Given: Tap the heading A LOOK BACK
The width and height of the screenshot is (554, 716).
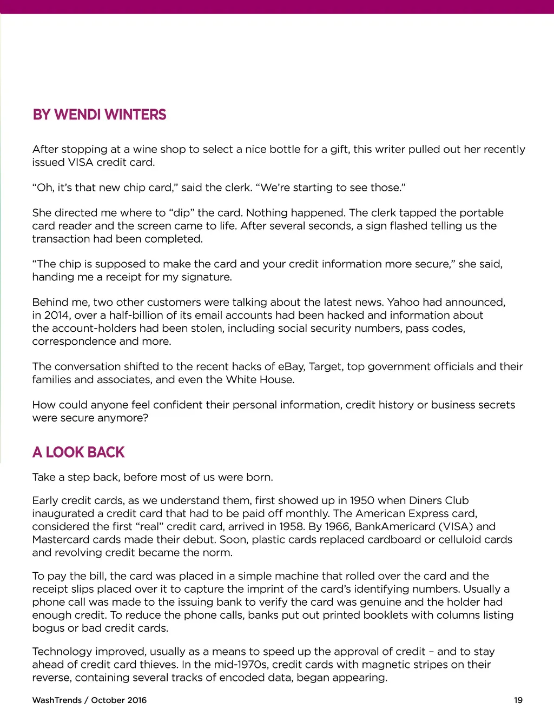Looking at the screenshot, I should (78, 452).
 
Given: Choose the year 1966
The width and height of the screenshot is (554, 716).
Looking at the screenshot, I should (337, 526).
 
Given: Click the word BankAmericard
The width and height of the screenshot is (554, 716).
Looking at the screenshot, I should (395, 526).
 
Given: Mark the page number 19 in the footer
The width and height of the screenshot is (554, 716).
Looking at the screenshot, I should (518, 700).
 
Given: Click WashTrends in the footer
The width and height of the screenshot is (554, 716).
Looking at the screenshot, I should (57, 700).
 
